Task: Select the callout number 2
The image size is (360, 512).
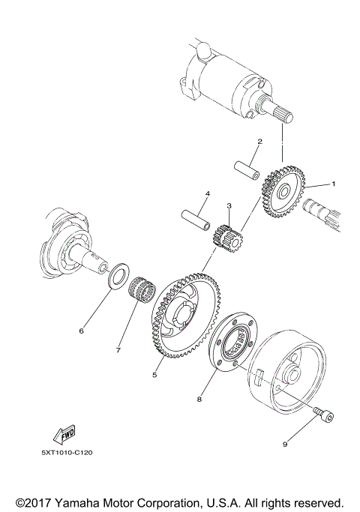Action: [259, 141]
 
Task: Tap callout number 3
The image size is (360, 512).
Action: [229, 205]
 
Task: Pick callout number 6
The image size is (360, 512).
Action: [82, 329]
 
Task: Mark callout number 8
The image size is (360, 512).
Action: [199, 400]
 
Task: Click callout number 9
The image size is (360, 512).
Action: [285, 444]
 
